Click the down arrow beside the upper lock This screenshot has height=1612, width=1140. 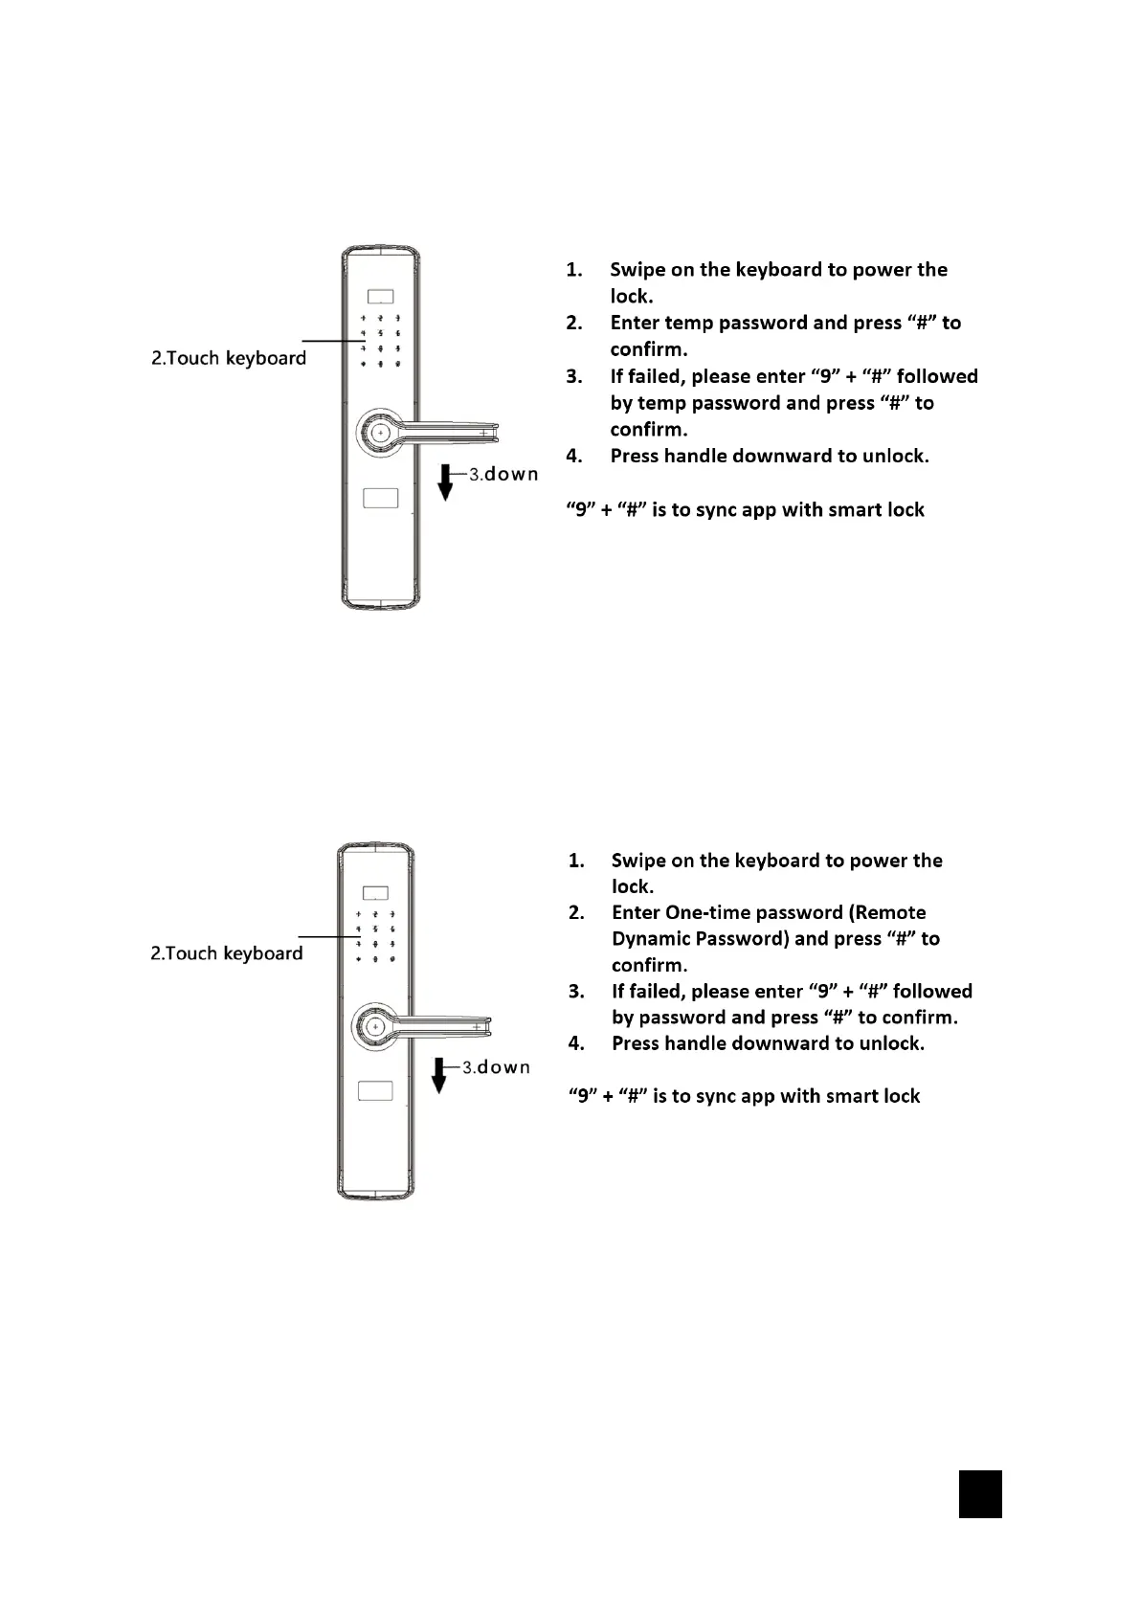tap(445, 481)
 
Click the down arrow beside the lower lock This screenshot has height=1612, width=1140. tap(439, 1075)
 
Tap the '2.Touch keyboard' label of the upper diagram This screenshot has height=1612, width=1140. tap(229, 358)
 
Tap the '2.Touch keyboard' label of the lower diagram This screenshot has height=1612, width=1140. tap(226, 953)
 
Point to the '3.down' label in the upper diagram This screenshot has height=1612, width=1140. tap(503, 474)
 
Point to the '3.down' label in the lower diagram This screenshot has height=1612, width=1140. tap(496, 1067)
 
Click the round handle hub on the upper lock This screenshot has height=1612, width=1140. tap(380, 433)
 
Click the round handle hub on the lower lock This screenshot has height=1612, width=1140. tap(374, 1026)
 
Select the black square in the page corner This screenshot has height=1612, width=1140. tap(980, 1494)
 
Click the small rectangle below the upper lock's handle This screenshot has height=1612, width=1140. tap(380, 498)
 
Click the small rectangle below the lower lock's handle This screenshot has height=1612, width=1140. tap(374, 1091)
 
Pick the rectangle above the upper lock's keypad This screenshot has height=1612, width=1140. tap(381, 297)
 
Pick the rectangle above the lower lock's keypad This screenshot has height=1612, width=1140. tap(375, 893)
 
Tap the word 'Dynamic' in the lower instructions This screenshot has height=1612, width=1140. tap(651, 938)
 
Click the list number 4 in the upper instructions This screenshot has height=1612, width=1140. tap(574, 456)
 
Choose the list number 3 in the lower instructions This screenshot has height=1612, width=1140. tap(576, 991)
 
